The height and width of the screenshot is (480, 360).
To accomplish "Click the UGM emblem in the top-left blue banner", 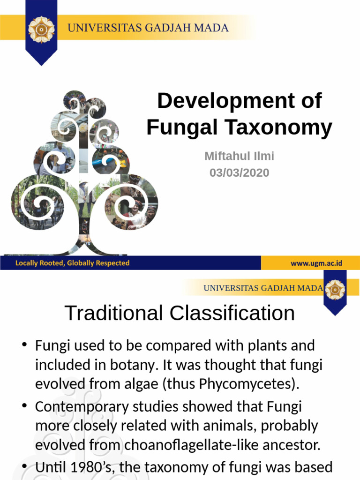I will click(41, 29).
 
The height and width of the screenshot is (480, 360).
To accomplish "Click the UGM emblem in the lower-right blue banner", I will click(335, 290).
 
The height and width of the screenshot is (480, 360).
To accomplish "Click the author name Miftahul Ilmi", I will click(239, 156).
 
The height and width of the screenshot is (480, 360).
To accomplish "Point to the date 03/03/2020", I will click(239, 172).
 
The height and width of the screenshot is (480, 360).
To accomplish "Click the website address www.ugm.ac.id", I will click(316, 263).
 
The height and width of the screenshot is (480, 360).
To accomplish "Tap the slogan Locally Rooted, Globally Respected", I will click(72, 263).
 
